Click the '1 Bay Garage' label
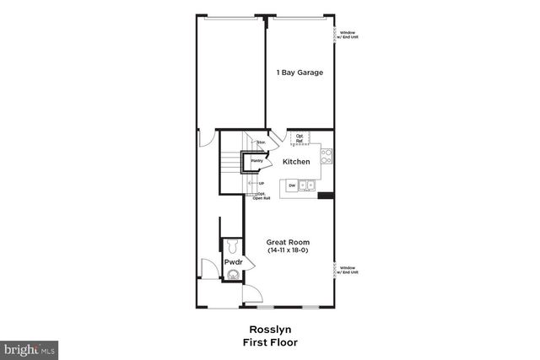pos(300,73)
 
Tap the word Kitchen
pos(296,162)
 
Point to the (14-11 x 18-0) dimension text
pos(288,251)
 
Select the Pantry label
pos(256,160)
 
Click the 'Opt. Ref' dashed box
pos(300,138)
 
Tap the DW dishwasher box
pos(292,185)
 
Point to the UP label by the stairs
pos(261,183)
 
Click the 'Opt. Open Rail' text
pos(262,196)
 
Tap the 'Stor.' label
pos(261,144)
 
